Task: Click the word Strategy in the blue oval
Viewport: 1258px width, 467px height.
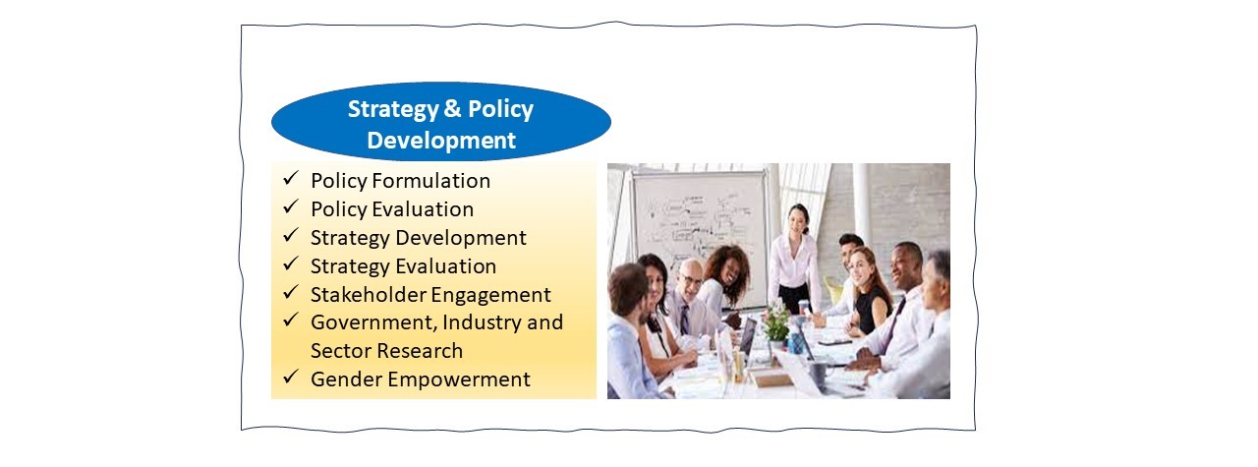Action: (x=393, y=109)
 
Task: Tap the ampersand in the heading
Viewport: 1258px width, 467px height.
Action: (x=452, y=108)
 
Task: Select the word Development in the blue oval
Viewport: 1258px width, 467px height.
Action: (x=441, y=141)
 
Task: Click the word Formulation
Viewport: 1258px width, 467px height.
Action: (x=430, y=181)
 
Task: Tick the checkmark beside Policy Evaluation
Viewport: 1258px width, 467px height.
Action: (x=290, y=206)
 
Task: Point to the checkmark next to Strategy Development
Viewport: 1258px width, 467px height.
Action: (x=290, y=235)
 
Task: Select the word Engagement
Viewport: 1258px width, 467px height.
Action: (x=490, y=296)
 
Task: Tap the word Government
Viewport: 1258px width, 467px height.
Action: (x=373, y=323)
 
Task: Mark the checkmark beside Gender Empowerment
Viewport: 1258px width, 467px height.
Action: (x=290, y=376)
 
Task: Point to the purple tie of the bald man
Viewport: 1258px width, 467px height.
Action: (x=685, y=320)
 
